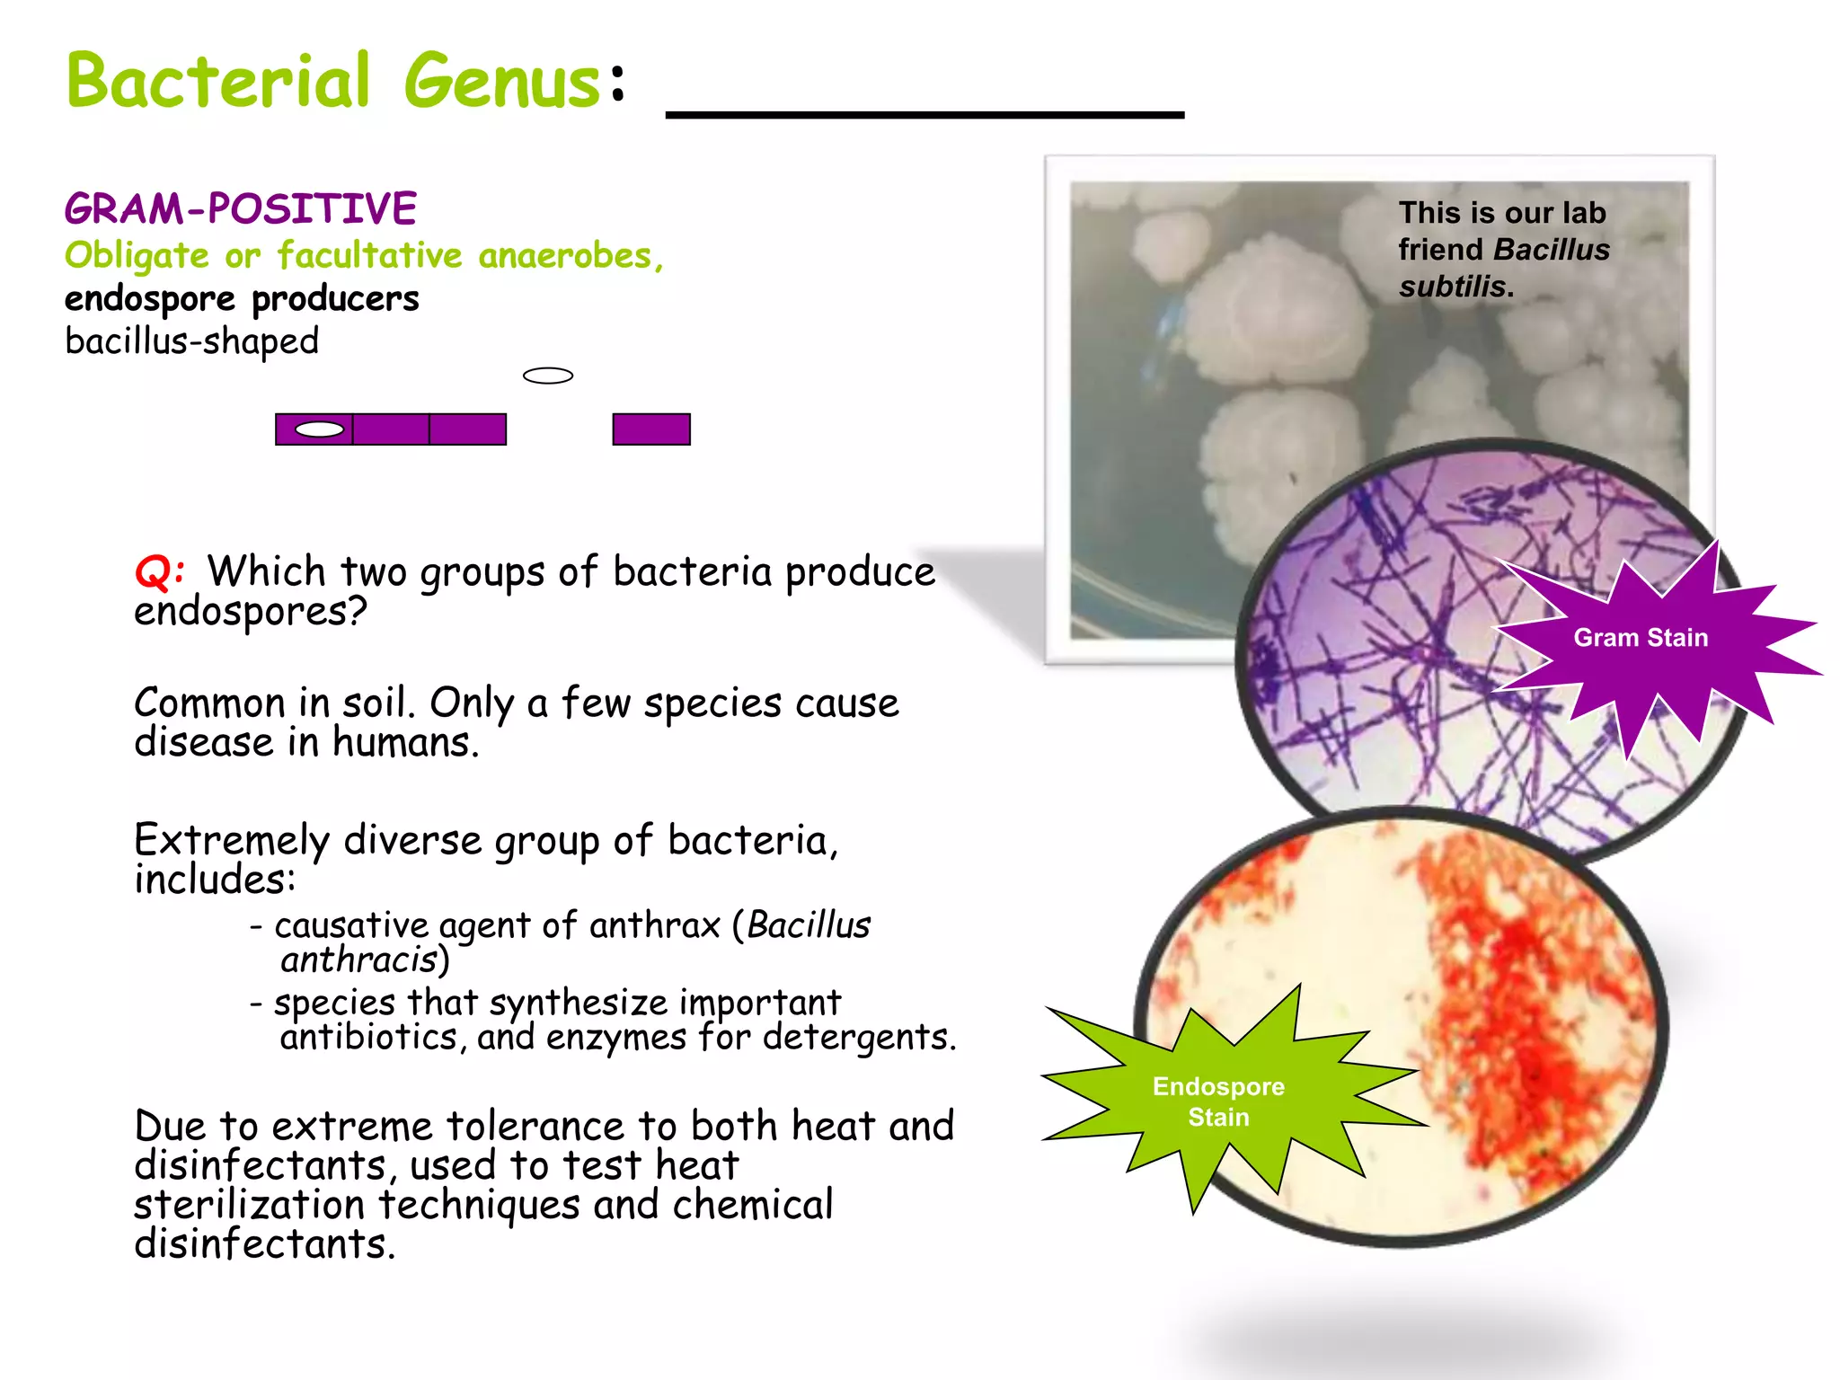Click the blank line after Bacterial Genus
924,113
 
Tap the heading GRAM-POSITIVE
240,208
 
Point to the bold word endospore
149,299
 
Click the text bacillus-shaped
191,341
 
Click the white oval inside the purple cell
319,429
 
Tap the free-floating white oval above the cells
547,376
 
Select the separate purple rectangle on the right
650,429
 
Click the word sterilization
249,1205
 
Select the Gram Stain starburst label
1641,638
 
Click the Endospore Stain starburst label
1218,1101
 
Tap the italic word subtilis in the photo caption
1452,287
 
